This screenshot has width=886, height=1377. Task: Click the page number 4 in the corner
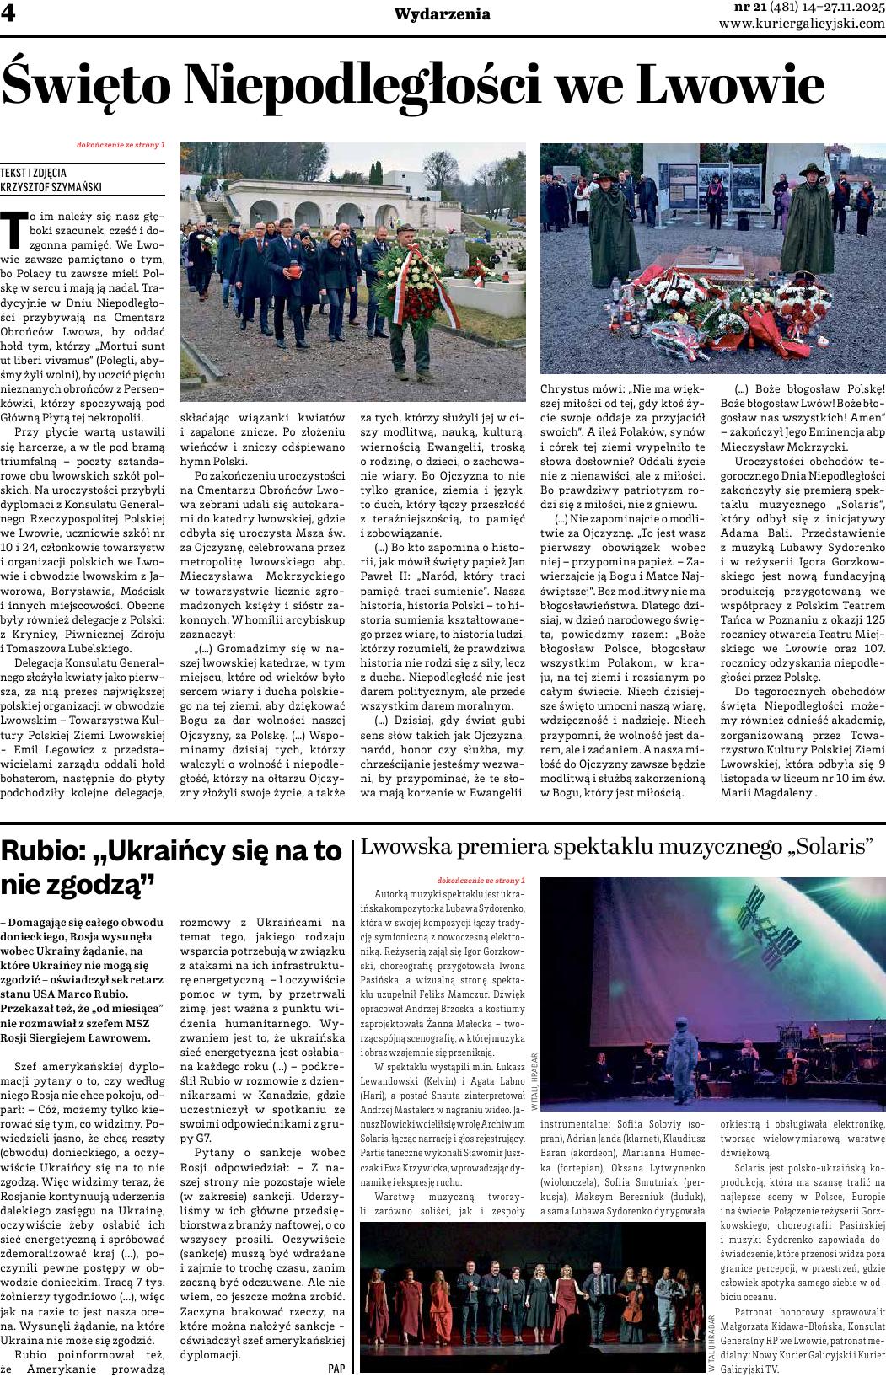[x=11, y=14]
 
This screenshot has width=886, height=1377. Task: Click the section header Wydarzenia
[x=442, y=13]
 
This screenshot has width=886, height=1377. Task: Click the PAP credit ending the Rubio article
[x=336, y=1368]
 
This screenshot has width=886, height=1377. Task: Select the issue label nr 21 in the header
[x=731, y=7]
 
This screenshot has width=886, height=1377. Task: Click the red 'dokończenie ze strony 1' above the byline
[x=121, y=145]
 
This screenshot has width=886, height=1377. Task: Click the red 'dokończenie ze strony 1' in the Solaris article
[x=481, y=881]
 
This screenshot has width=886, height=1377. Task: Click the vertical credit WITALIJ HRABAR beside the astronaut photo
[x=534, y=1081]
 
